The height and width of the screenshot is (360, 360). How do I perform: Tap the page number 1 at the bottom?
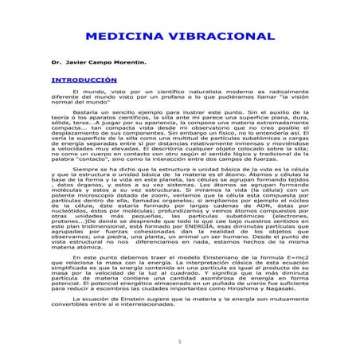click(180, 342)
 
